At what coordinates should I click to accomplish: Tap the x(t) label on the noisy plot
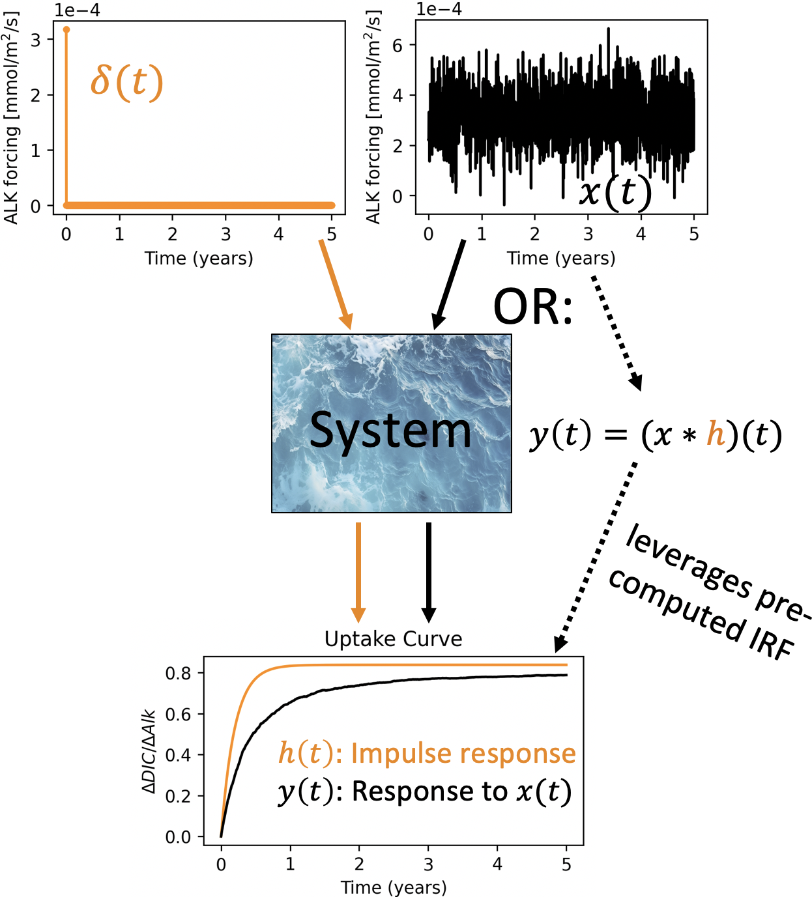615,192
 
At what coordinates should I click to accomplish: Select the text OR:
533,307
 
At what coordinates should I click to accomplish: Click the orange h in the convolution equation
716,434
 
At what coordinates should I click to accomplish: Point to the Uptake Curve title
393,639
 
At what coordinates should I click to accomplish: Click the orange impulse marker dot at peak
66,29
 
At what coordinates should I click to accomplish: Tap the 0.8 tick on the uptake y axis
178,673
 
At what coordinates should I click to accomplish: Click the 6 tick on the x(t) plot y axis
398,45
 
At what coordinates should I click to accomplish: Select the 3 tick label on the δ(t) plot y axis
35,40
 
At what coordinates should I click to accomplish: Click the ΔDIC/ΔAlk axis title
149,751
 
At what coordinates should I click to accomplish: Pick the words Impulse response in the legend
463,754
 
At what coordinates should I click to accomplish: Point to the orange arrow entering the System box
336,285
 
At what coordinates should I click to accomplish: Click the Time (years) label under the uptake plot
393,887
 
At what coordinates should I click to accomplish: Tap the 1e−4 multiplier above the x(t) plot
439,9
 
